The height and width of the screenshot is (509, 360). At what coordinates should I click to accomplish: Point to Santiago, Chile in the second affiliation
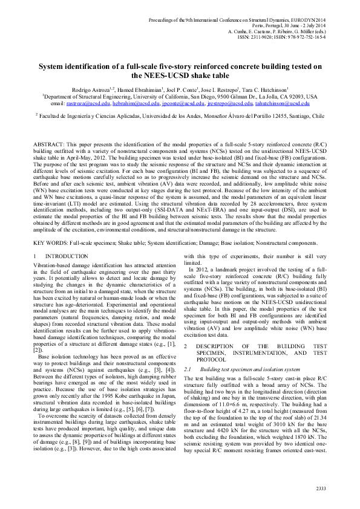coord(307,114)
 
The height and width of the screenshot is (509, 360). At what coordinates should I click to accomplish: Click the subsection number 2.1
coord(188,368)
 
